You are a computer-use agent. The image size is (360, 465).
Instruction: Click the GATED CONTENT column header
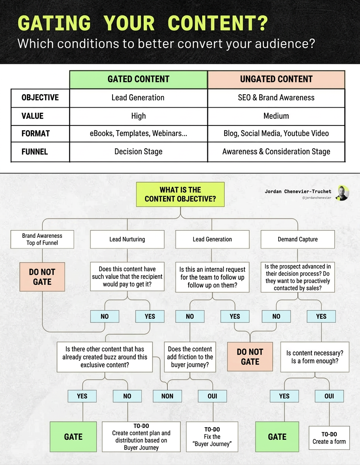pos(138,79)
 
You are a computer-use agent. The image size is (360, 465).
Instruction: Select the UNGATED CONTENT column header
pos(276,79)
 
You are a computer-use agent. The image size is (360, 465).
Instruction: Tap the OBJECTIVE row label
pos(40,97)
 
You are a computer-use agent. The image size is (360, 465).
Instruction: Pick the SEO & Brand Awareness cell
pos(276,97)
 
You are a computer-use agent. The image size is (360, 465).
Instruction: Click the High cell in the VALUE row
pos(138,116)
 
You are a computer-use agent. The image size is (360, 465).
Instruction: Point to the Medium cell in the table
pos(276,116)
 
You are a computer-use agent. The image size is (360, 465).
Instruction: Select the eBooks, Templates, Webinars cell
pos(138,133)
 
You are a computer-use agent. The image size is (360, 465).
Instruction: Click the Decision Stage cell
pos(138,151)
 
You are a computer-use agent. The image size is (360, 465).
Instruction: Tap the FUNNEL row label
pos(35,151)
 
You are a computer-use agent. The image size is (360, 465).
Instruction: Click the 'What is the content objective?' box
pos(180,194)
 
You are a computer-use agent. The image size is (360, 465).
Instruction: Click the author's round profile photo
pos(342,193)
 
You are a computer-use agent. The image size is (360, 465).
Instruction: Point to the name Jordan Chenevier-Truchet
pos(298,191)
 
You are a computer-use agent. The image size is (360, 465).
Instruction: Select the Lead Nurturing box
pos(127,239)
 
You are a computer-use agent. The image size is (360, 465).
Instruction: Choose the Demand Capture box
pos(298,239)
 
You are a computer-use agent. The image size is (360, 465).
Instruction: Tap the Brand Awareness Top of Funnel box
pos(42,239)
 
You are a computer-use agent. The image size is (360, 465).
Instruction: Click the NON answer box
pos(167,396)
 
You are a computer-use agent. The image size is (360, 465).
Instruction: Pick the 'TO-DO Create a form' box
pos(329,438)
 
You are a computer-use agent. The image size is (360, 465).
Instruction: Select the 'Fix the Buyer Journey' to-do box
pos(212,437)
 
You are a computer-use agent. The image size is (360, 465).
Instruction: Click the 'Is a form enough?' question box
pos(315,357)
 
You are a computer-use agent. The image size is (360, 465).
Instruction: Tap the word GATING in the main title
pos(54,24)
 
